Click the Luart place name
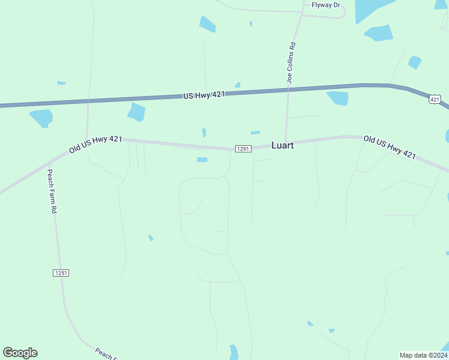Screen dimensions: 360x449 point(283,145)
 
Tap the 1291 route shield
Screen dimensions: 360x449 point(243,148)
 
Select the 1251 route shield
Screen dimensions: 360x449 point(61,273)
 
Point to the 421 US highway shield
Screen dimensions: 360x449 point(435,98)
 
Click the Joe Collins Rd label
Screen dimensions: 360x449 point(291,62)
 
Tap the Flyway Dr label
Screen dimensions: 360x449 point(325,5)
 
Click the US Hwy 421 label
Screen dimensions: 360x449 point(203,95)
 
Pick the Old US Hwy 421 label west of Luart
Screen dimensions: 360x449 point(95,144)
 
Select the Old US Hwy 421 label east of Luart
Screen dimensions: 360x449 point(390,147)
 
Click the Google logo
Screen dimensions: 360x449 point(20,353)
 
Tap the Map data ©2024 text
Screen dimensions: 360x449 point(423,355)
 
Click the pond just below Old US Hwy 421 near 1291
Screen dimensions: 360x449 point(202,160)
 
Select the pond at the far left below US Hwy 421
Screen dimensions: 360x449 point(41,118)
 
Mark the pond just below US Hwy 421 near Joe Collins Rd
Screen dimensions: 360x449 point(338,98)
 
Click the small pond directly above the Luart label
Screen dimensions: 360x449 point(255,133)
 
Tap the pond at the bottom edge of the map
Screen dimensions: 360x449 point(234,352)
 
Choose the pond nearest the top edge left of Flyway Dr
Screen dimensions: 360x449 point(208,24)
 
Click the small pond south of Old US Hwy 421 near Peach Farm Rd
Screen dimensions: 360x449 point(151,238)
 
